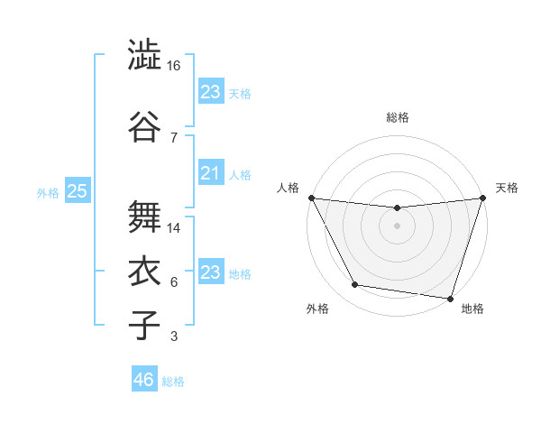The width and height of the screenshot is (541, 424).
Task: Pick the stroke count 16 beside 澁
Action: (173, 66)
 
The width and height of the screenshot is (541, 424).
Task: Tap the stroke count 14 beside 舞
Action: (173, 228)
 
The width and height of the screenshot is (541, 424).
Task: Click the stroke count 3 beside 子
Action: (173, 336)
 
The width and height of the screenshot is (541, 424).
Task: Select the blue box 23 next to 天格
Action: (211, 91)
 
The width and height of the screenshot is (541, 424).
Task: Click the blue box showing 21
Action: (211, 173)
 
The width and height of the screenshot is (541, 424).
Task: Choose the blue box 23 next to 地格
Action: (211, 272)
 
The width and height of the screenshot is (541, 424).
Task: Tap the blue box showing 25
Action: (77, 191)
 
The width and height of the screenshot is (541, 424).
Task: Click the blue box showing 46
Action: (144, 380)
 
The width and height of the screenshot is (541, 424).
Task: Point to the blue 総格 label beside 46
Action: (173, 382)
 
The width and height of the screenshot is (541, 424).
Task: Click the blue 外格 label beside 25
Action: (48, 192)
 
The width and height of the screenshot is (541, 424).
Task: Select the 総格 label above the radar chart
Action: (398, 117)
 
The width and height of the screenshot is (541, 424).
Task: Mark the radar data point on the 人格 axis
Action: (311, 198)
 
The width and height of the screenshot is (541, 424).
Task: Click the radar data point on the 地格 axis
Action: (451, 299)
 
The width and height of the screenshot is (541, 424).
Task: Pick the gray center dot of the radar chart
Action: (398, 226)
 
